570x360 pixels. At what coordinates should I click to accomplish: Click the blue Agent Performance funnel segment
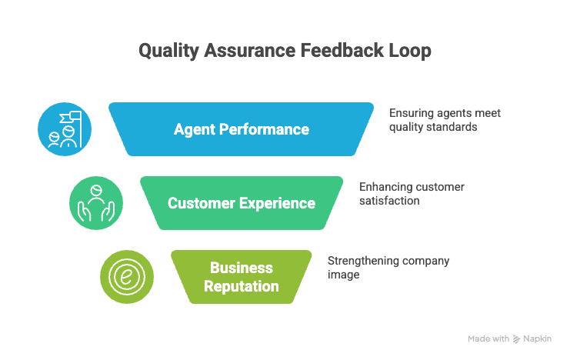pyautogui.click(x=241, y=129)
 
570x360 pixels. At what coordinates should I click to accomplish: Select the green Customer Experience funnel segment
pyautogui.click(x=241, y=203)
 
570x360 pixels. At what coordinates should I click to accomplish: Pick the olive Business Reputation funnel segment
pyautogui.click(x=241, y=277)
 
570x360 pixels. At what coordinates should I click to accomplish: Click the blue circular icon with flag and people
pyautogui.click(x=65, y=129)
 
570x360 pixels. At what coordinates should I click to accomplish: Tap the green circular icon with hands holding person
pyautogui.click(x=95, y=203)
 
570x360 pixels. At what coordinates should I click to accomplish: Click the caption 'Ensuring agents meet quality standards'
pyautogui.click(x=444, y=119)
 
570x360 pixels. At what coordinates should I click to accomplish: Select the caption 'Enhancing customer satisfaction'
pyautogui.click(x=412, y=193)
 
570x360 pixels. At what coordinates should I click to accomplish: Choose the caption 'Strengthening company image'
pyautogui.click(x=388, y=267)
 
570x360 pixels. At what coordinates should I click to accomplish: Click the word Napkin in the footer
pyautogui.click(x=538, y=338)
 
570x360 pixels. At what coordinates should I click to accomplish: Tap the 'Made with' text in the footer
pyautogui.click(x=488, y=338)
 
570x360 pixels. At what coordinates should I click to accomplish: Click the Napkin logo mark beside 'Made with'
pyautogui.click(x=516, y=338)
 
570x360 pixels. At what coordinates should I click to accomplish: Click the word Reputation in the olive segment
pyautogui.click(x=241, y=286)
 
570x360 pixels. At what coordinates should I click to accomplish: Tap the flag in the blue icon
pyautogui.click(x=75, y=118)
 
